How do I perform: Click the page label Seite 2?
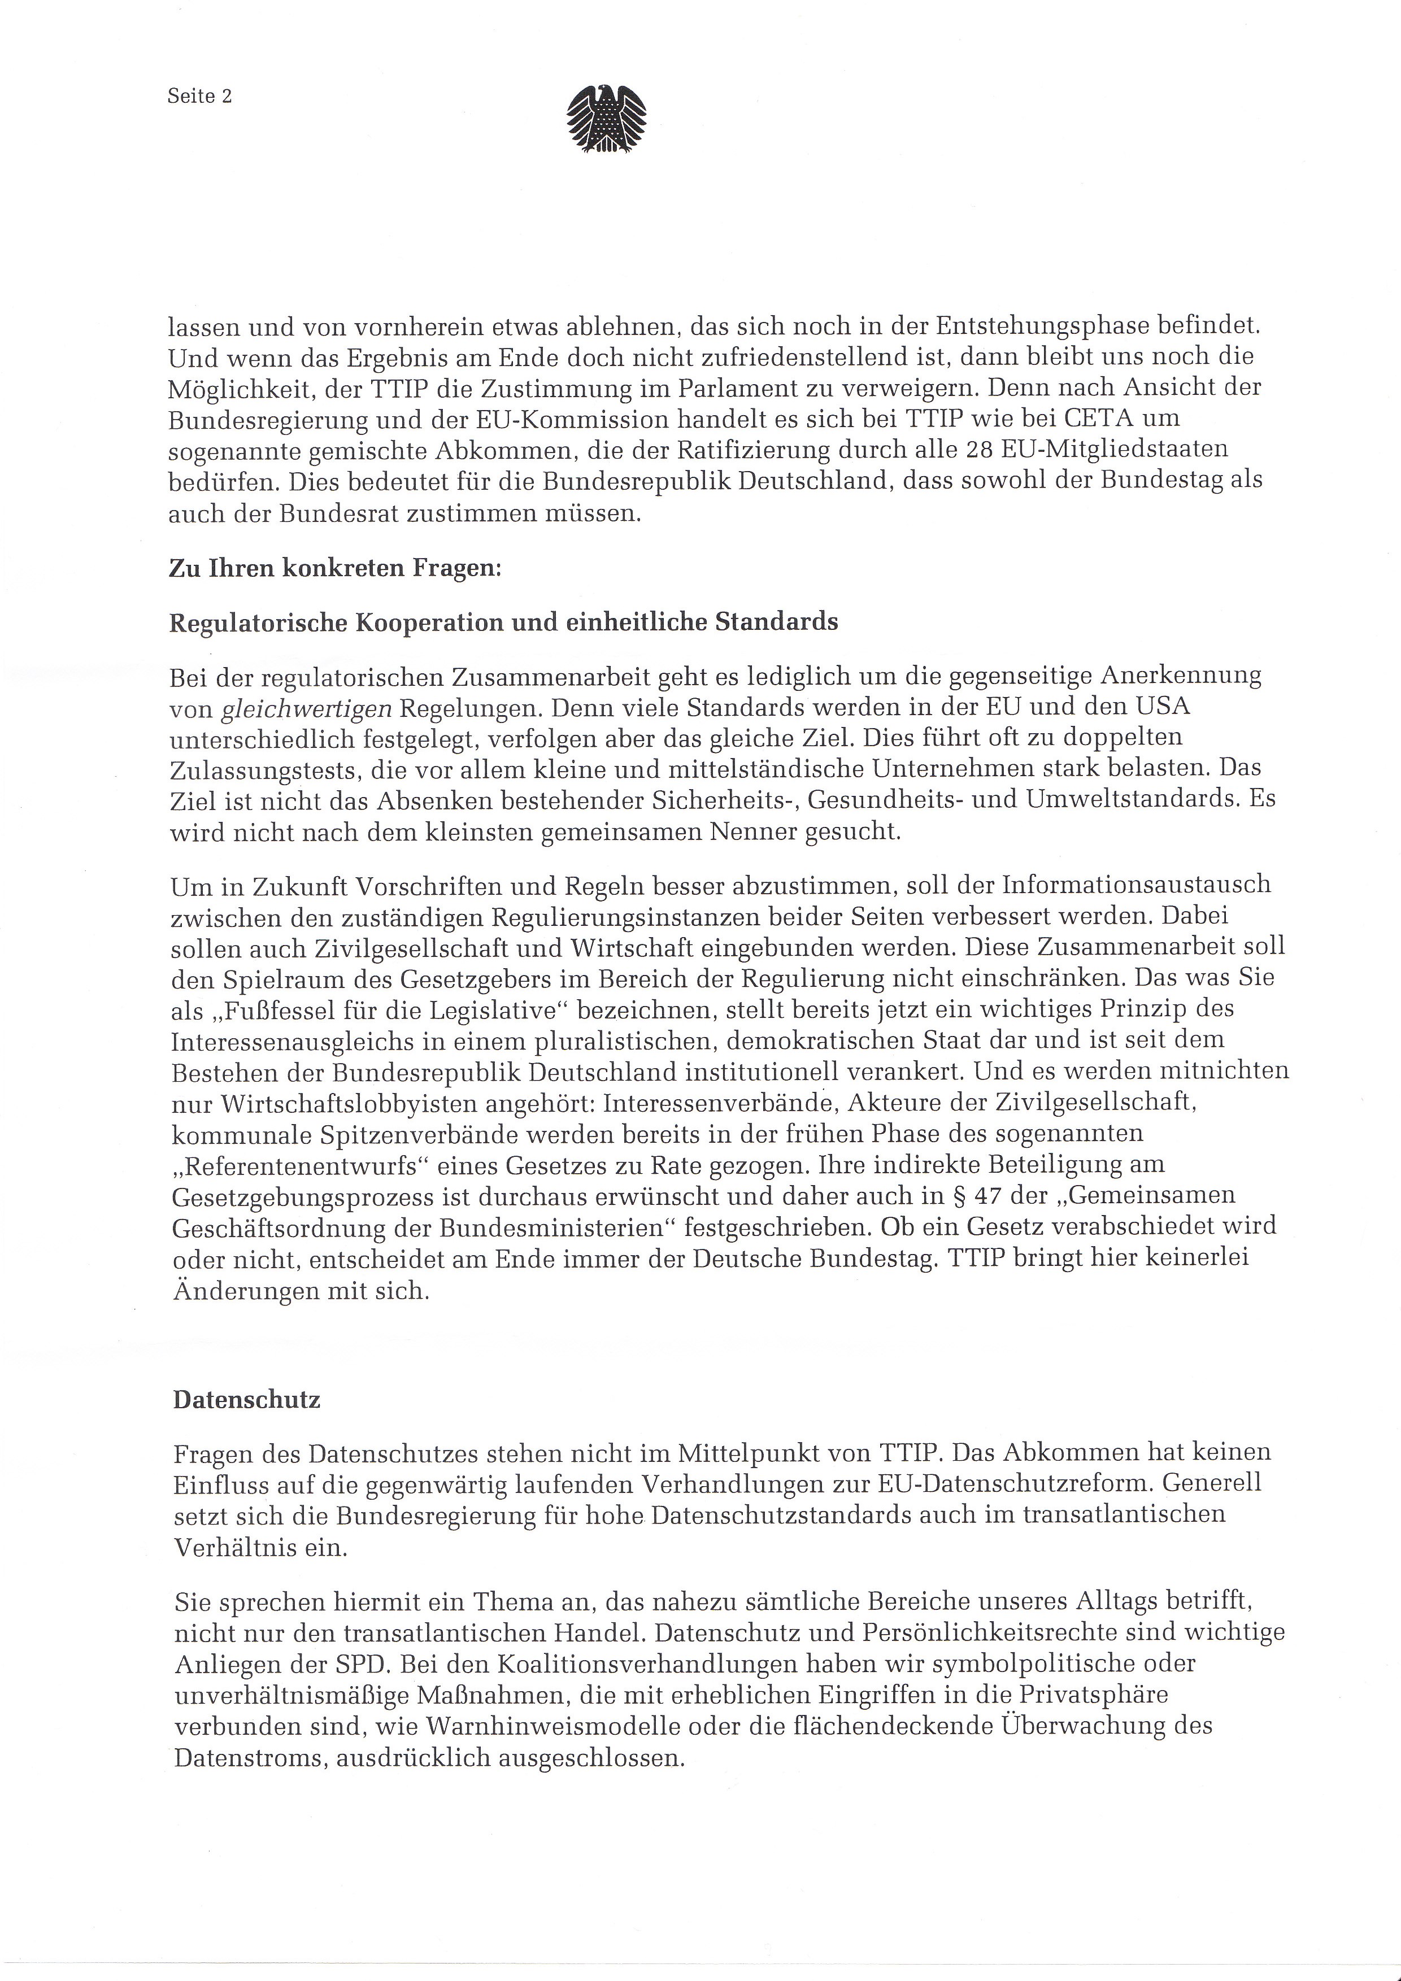[199, 97]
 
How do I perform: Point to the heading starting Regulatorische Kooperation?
[503, 622]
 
